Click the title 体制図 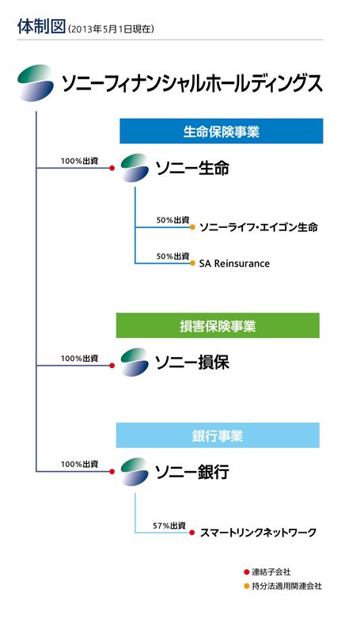[x=41, y=26]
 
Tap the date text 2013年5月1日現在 [x=111, y=29]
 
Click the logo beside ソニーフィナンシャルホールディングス [x=36, y=83]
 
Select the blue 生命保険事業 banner [x=221, y=131]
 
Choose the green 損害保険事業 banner [x=218, y=325]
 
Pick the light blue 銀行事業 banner [x=218, y=435]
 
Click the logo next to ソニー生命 [x=135, y=168]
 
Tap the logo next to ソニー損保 [x=135, y=363]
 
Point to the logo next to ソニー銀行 [x=135, y=472]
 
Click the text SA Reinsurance [x=234, y=264]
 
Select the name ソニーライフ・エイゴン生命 [x=259, y=227]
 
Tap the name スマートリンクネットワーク [x=258, y=533]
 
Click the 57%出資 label [x=169, y=526]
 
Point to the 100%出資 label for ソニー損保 [x=79, y=359]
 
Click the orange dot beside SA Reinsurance [x=192, y=264]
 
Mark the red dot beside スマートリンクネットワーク [x=192, y=533]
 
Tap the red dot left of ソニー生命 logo [x=112, y=168]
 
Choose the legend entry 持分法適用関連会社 [x=283, y=587]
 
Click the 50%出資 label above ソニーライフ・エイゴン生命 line [x=173, y=220]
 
